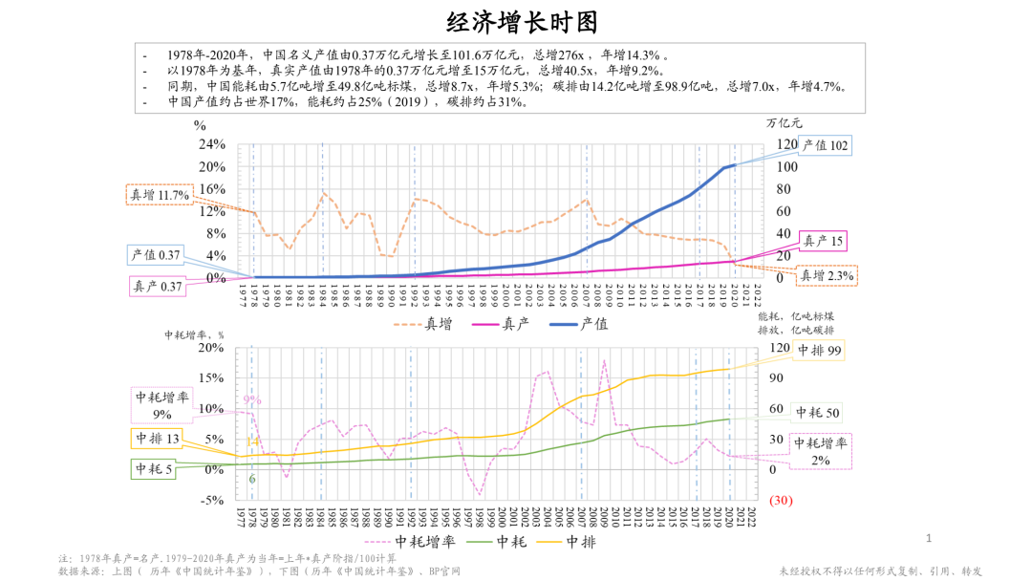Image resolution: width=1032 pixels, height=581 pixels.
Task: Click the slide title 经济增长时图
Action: (x=515, y=21)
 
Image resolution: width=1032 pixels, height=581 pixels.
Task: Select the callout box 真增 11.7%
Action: (x=160, y=195)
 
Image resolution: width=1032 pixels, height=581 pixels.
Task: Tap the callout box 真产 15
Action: (x=823, y=242)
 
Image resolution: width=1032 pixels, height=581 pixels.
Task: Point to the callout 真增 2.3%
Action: (x=827, y=275)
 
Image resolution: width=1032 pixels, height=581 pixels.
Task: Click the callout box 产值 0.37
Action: (x=156, y=254)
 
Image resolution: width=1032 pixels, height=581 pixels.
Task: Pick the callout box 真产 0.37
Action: (x=156, y=285)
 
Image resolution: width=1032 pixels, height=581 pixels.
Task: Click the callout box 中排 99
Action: (x=819, y=351)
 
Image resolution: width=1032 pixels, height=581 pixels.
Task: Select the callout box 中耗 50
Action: (x=819, y=413)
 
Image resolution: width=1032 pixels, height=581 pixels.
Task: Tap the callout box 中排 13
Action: (x=156, y=440)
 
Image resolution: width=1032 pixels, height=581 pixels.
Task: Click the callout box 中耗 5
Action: (x=153, y=469)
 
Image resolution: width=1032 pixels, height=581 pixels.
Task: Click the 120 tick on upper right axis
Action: (x=785, y=145)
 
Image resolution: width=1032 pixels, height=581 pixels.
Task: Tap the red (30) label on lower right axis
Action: (x=781, y=501)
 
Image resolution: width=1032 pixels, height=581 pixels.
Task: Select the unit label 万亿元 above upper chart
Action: (x=785, y=122)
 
